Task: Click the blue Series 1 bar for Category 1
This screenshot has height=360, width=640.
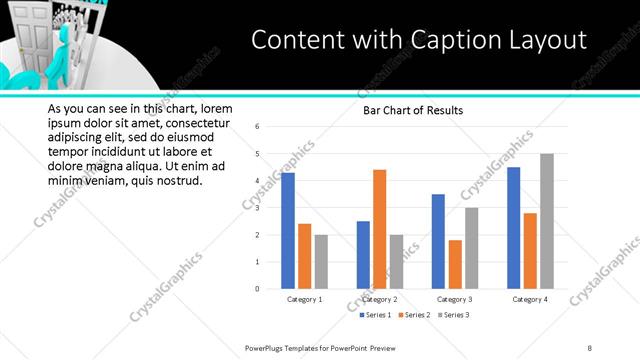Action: [288, 231]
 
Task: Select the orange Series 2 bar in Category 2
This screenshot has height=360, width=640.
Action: [379, 229]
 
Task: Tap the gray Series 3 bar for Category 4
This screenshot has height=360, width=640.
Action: [546, 221]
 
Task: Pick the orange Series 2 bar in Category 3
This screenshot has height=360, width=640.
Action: [455, 264]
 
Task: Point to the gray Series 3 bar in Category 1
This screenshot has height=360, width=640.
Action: [320, 262]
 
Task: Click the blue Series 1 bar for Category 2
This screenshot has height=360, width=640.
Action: [363, 255]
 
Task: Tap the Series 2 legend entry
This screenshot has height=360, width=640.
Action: [414, 315]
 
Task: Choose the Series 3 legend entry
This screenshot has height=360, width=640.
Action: [453, 315]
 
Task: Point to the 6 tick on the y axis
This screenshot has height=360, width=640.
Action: [258, 127]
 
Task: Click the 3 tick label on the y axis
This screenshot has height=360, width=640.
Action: [258, 208]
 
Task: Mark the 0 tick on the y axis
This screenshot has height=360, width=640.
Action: [258, 289]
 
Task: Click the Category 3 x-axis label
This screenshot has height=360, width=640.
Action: [455, 300]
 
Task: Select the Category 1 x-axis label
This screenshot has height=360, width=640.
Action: [304, 300]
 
